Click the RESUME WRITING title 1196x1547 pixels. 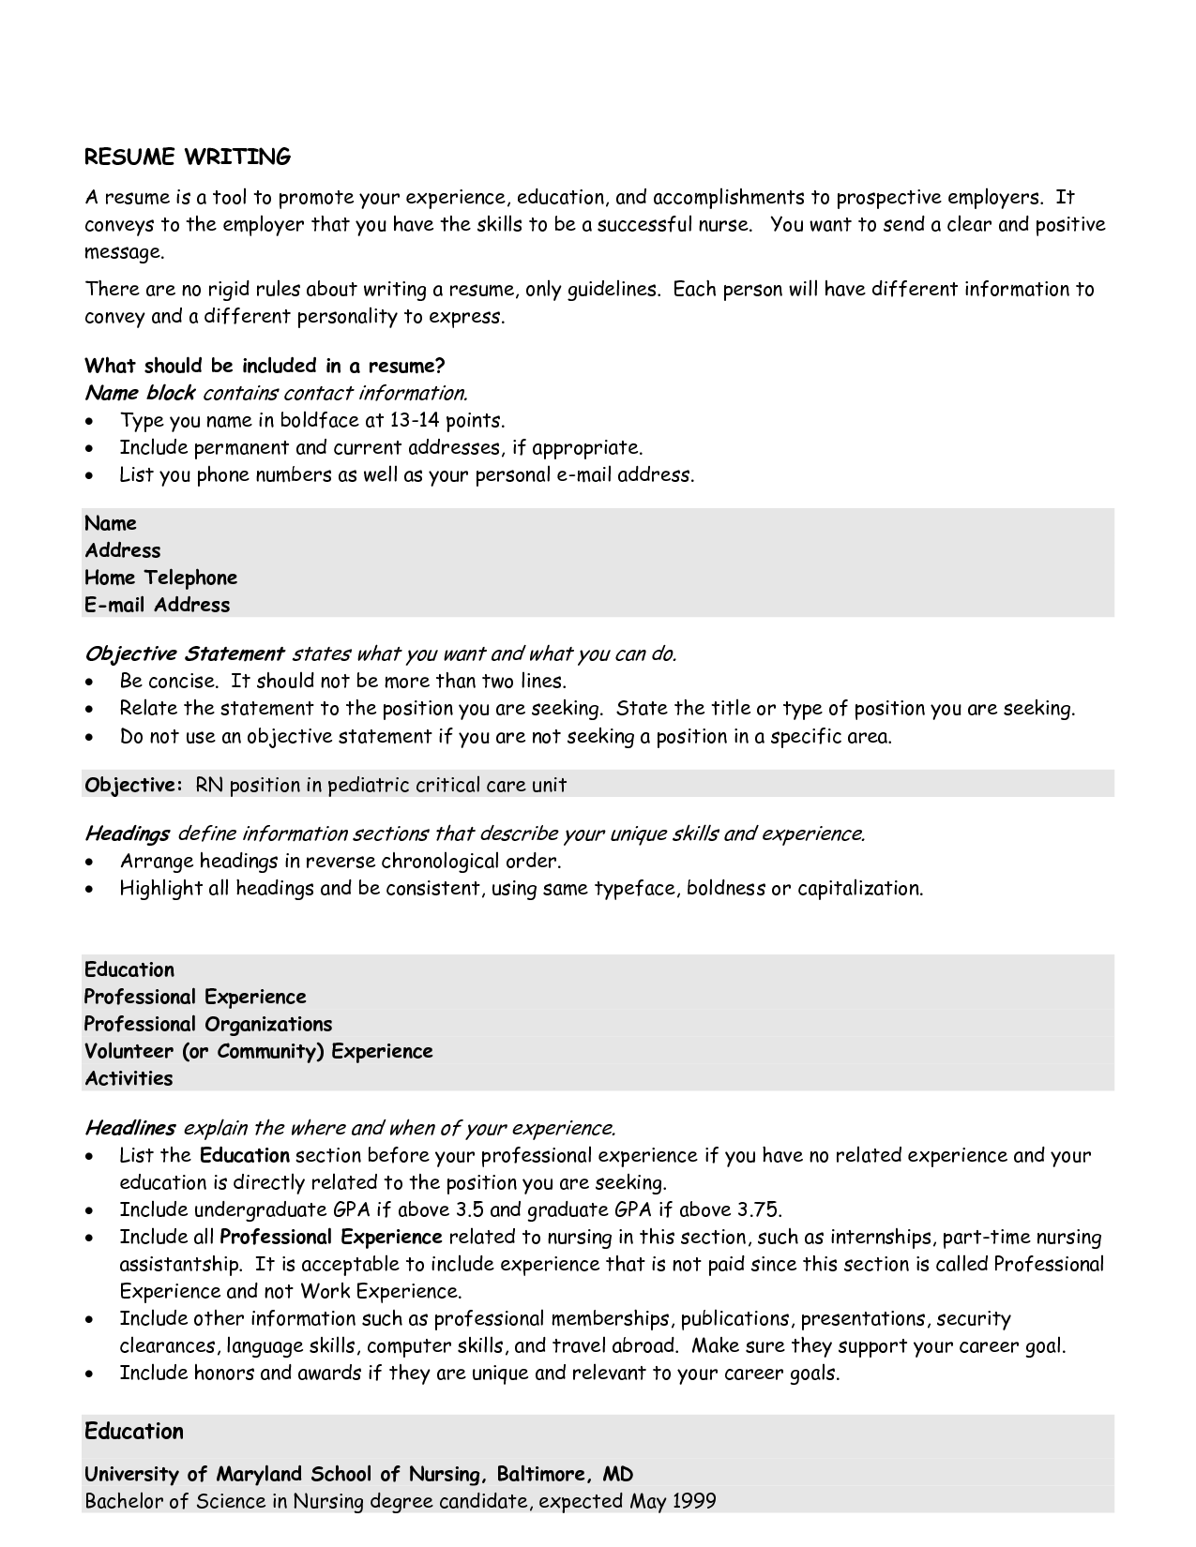tap(188, 157)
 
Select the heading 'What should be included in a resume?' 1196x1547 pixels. tap(264, 366)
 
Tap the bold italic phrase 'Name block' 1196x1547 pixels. tap(140, 393)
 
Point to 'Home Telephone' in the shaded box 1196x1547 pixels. tap(160, 578)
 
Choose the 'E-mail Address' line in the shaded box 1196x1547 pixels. tap(157, 605)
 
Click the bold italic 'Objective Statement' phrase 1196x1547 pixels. tap(184, 653)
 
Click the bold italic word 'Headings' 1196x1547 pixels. tap(127, 834)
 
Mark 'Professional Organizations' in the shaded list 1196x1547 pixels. tap(208, 1024)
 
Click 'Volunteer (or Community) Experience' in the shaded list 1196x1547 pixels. tap(259, 1051)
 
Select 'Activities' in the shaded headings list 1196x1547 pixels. tap(129, 1078)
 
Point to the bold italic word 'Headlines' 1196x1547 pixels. tap(129, 1128)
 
